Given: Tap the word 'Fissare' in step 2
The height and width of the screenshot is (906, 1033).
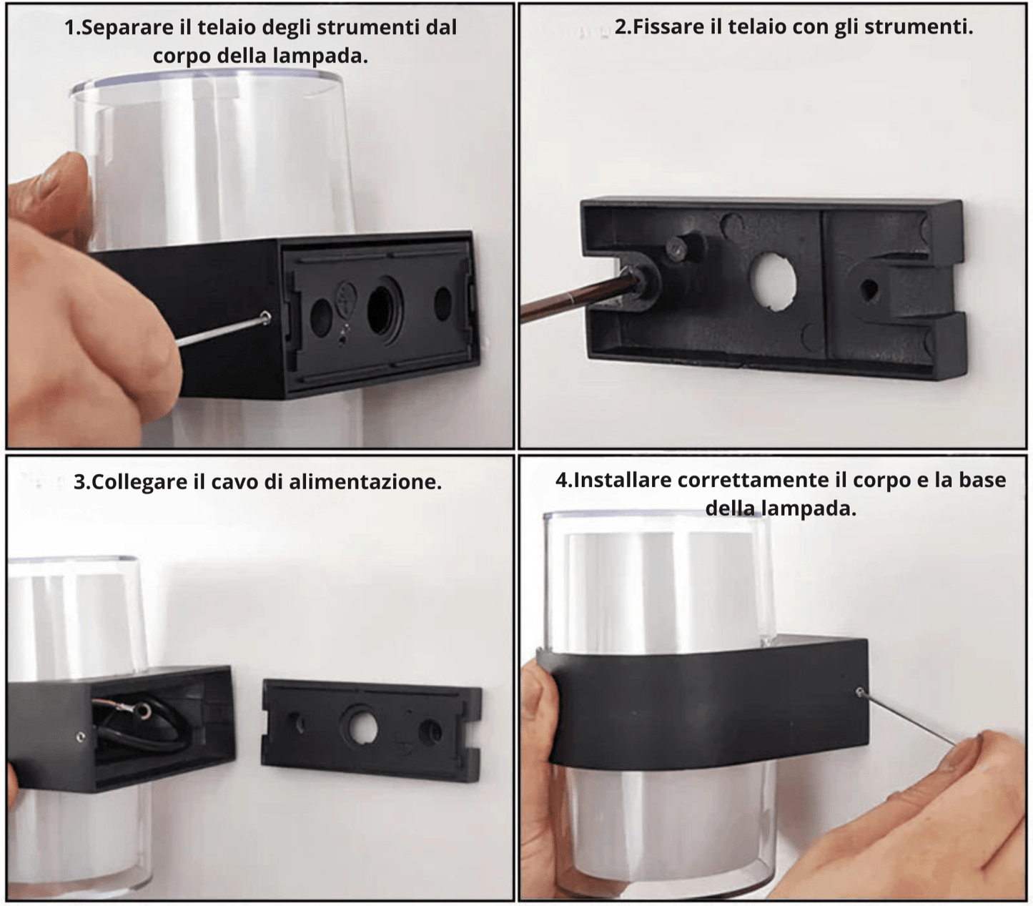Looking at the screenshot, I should (668, 27).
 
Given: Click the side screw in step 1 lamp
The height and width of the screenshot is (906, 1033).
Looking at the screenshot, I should (266, 317).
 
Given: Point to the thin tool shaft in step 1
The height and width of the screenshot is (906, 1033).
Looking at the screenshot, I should (219, 332).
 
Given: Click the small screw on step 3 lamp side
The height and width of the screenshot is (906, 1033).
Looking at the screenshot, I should (81, 737).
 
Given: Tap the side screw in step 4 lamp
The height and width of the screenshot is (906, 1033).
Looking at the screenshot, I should (860, 691).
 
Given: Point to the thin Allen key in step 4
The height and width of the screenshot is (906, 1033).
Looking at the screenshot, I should (908, 719).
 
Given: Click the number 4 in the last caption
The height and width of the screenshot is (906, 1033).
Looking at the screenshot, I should (561, 480).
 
